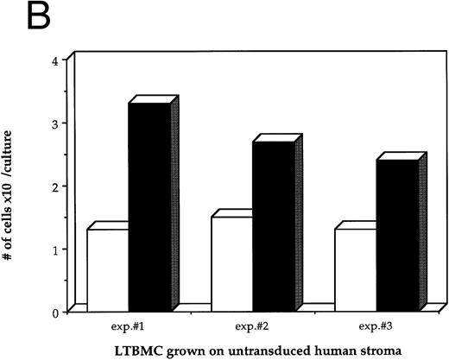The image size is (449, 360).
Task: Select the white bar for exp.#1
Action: coord(107,268)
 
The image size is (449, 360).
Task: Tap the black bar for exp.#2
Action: coord(273,224)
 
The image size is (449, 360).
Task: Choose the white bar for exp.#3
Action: coord(356,268)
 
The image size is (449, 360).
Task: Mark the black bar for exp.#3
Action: coord(397,234)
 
